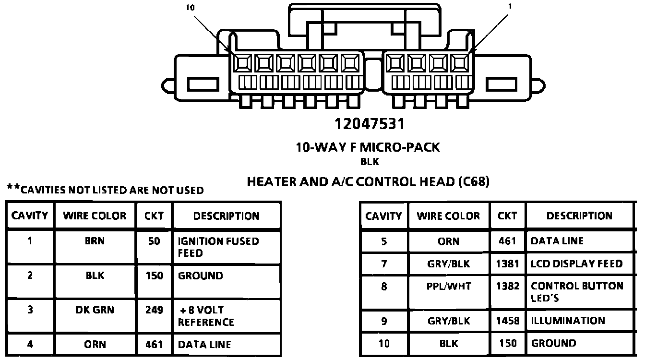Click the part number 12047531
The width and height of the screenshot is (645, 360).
click(370, 124)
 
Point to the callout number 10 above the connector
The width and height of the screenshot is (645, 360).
click(191, 8)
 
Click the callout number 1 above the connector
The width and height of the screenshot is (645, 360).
click(510, 7)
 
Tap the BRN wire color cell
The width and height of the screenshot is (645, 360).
click(95, 241)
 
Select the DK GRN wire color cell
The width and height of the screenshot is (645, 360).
click(95, 310)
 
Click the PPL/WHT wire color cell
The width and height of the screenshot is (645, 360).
click(448, 287)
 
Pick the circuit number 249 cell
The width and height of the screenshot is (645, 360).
click(154, 310)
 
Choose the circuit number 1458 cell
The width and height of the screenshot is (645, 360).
click(508, 321)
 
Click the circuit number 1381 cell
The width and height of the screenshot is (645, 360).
click(508, 264)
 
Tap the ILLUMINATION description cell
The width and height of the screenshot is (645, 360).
click(568, 321)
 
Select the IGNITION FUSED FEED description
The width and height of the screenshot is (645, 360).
click(218, 247)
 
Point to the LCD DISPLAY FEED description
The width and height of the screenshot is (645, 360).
click(576, 264)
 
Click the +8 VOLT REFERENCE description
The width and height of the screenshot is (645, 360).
click(206, 316)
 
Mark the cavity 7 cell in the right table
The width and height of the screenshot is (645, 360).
click(384, 264)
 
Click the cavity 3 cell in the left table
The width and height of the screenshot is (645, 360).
click(30, 310)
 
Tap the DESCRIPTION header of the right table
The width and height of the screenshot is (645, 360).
click(579, 216)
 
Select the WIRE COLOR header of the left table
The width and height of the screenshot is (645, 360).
click(95, 216)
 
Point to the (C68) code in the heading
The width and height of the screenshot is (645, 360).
click(474, 182)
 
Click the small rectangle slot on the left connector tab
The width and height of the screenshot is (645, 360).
click(203, 84)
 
